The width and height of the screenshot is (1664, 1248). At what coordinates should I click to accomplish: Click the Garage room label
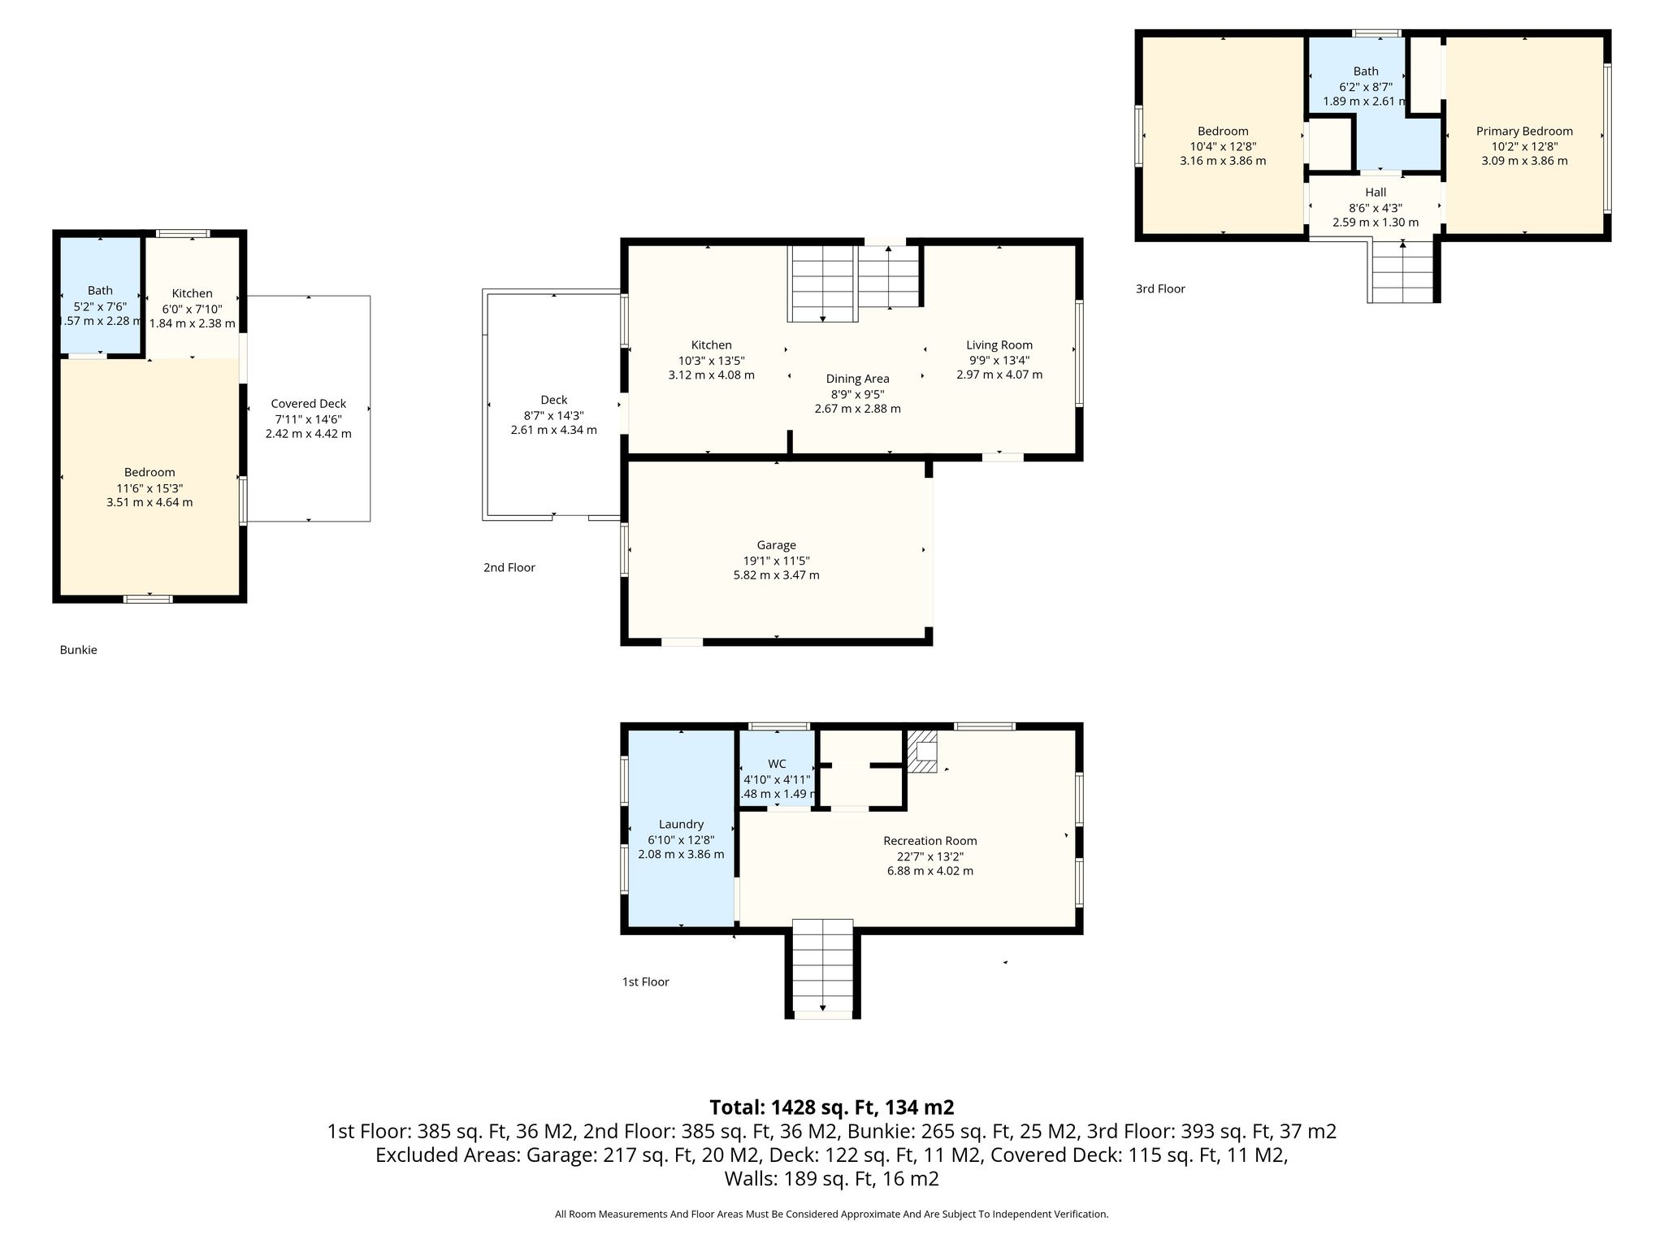pos(776,545)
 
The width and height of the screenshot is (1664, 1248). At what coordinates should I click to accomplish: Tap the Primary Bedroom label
pos(1524,132)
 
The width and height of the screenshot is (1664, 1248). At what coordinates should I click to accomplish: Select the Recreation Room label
pos(930,841)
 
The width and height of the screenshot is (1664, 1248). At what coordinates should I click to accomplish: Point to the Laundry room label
pos(681,825)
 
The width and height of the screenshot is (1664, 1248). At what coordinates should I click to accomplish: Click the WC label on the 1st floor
pos(777,764)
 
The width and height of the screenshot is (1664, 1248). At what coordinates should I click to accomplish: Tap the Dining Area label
pos(857,379)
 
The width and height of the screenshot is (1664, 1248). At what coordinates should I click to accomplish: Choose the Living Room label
pos(999,345)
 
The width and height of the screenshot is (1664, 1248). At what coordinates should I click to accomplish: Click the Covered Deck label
pos(309,404)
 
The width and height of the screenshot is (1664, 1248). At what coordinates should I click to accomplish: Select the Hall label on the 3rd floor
pos(1376,193)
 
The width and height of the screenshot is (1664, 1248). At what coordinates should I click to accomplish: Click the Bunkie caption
pos(78,650)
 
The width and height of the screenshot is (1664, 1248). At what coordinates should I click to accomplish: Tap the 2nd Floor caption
pos(509,568)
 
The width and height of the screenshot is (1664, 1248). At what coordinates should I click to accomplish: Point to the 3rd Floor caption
pos(1160,288)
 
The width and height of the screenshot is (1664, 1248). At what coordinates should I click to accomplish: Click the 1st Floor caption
pos(646,981)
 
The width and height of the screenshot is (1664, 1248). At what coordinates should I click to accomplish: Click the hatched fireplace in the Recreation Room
pos(922,752)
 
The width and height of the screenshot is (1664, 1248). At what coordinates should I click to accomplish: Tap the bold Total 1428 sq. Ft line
pos(832,1107)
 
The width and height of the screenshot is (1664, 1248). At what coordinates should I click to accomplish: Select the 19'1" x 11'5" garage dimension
pos(776,561)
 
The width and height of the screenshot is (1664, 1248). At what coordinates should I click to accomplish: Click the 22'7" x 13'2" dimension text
pos(930,856)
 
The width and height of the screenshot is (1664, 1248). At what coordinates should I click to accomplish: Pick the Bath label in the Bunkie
pos(100,291)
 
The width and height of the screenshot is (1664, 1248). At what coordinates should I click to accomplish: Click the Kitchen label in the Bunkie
pos(192,293)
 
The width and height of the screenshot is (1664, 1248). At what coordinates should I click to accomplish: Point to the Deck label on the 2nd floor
pos(554,400)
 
